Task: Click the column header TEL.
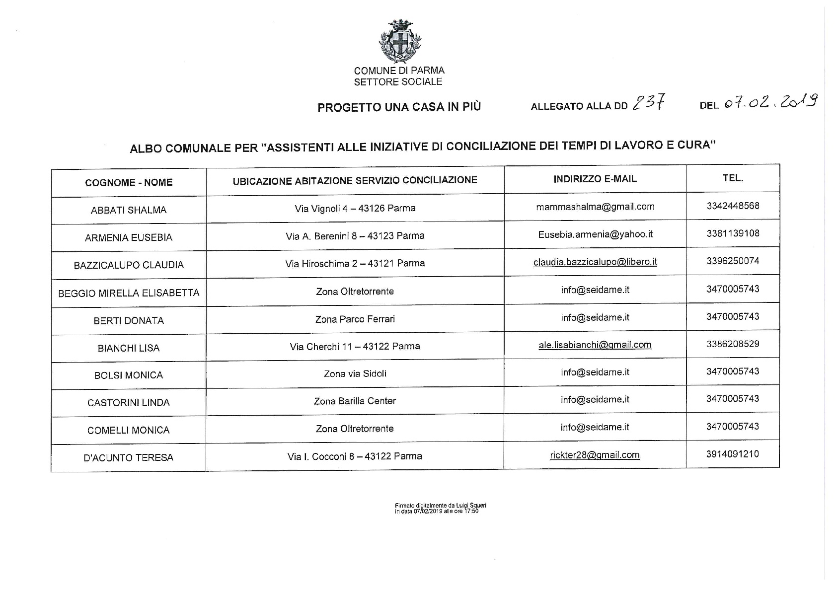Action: (x=733, y=178)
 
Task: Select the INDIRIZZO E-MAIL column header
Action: (x=595, y=179)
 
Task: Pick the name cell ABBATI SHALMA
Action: (x=129, y=210)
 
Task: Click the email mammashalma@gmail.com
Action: (x=595, y=207)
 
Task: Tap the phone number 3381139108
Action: (x=733, y=233)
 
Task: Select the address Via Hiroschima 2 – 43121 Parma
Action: (x=355, y=263)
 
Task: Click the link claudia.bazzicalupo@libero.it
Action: (x=595, y=262)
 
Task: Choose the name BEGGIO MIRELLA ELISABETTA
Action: (x=129, y=293)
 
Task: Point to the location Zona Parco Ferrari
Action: (x=355, y=319)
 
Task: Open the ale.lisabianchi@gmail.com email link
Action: (x=595, y=345)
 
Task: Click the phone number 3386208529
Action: (x=733, y=344)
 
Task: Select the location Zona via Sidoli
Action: (x=355, y=373)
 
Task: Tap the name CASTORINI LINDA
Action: (x=129, y=402)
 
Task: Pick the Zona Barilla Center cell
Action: (x=355, y=401)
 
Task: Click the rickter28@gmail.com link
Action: (x=595, y=455)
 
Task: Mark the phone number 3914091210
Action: (x=732, y=454)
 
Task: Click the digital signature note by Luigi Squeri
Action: (x=440, y=508)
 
